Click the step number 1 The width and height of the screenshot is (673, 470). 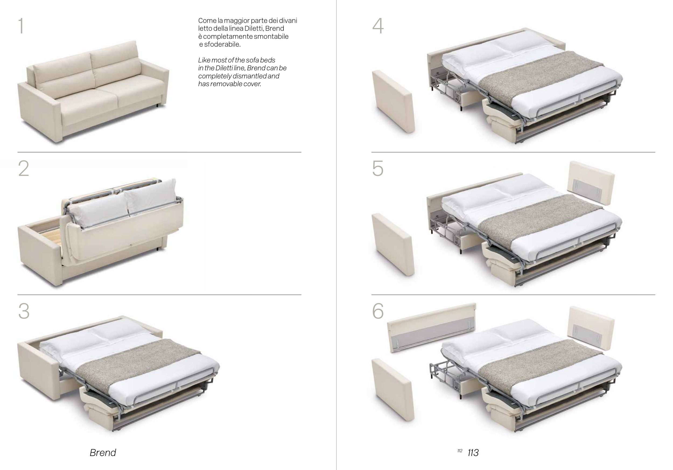tap(21, 26)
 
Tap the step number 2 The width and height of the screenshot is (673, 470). tap(24, 169)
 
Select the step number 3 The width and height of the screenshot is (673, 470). tap(24, 311)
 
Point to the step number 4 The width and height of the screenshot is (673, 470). tap(378, 26)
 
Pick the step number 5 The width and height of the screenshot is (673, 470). tap(378, 169)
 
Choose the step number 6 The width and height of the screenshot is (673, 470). tap(378, 311)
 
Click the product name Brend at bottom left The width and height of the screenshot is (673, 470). tap(103, 452)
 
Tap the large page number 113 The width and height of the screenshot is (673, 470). tap(473, 453)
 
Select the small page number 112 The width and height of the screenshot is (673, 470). tap(460, 451)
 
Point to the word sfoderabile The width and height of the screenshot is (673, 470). tap(222, 44)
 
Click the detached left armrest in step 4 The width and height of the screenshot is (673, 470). tap(393, 101)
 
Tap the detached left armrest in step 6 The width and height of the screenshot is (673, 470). tap(393, 390)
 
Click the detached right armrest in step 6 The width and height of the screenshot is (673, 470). tap(591, 328)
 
